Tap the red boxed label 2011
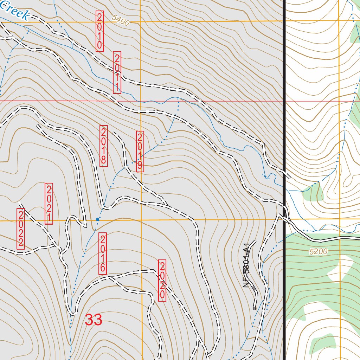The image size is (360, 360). [117, 72]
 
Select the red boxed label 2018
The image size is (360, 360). [104, 146]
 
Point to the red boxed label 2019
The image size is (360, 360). [140, 152]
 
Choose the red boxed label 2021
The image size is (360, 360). [49, 204]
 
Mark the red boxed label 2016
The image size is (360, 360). [102, 253]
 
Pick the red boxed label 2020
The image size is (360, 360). [162, 281]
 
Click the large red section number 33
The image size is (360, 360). [94, 320]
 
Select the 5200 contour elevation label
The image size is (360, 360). [319, 252]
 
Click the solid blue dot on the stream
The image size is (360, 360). [98, 219]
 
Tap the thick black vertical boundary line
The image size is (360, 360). [283, 105]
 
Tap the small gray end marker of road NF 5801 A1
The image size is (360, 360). [254, 308]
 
